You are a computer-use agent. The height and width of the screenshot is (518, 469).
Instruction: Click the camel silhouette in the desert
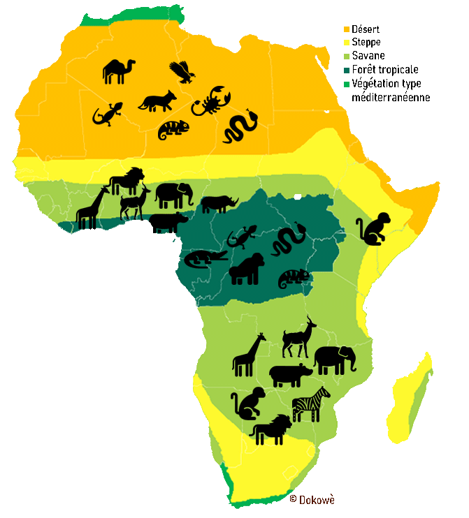tap(117, 71)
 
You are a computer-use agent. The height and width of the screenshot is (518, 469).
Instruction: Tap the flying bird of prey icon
tap(182, 71)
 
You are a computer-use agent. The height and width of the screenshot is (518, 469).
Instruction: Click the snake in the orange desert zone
tap(240, 126)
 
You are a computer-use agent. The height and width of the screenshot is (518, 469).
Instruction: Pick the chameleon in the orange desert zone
tap(173, 129)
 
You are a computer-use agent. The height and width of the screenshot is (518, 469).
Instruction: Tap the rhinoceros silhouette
tap(219, 203)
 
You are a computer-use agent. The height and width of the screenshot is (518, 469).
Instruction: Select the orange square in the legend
tap(346, 30)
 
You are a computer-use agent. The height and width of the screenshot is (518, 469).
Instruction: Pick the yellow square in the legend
tap(346, 43)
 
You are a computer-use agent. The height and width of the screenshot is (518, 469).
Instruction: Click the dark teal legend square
tap(346, 71)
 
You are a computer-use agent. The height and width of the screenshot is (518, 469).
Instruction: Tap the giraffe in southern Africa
tap(249, 355)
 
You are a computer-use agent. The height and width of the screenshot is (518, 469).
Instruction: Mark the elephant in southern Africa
tap(334, 360)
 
